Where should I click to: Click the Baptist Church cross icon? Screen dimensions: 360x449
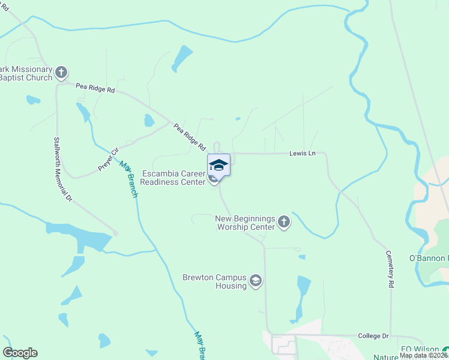point(61,73)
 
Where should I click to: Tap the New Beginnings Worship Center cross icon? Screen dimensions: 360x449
point(284,223)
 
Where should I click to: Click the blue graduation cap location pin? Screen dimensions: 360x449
point(218,165)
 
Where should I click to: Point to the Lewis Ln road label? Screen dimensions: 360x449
point(303,154)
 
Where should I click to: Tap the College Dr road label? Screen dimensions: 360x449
point(374,336)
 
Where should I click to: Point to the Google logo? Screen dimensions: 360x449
point(20,353)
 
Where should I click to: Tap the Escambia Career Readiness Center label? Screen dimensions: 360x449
point(173,178)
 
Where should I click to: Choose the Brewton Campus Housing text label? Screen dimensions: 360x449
point(215,281)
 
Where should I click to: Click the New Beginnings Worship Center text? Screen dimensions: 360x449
point(245,223)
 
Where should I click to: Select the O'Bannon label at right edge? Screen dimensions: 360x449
point(429,258)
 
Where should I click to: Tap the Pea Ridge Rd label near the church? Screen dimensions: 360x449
point(95,88)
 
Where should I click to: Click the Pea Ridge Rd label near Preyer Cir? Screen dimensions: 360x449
point(190,137)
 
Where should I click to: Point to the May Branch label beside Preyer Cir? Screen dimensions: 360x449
point(129,179)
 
